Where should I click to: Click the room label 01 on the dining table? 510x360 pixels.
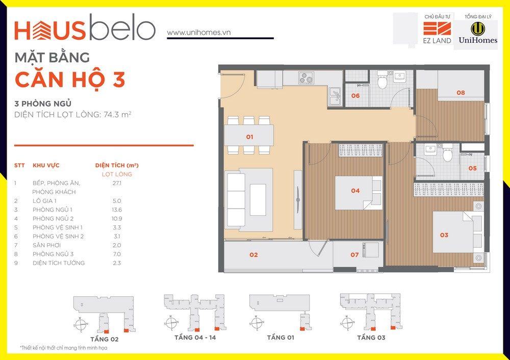click(x=249, y=137)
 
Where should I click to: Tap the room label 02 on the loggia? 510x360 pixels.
click(x=253, y=254)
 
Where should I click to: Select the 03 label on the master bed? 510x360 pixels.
click(x=444, y=235)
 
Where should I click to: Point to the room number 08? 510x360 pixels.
click(x=461, y=92)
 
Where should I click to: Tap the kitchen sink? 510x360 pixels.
click(x=335, y=96)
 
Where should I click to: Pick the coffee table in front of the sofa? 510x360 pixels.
click(x=258, y=200)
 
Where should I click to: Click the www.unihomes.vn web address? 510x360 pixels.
click(x=199, y=33)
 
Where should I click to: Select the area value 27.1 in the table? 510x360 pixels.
click(x=117, y=183)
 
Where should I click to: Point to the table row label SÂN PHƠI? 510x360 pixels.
click(x=46, y=245)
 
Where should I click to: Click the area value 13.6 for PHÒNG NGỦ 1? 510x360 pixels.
click(x=117, y=210)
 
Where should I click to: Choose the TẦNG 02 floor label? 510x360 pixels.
click(x=105, y=339)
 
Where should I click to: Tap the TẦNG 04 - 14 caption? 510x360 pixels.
click(x=195, y=338)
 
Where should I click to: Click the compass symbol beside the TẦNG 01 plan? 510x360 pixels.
click(x=256, y=323)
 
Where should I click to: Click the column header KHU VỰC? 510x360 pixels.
click(x=46, y=165)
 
